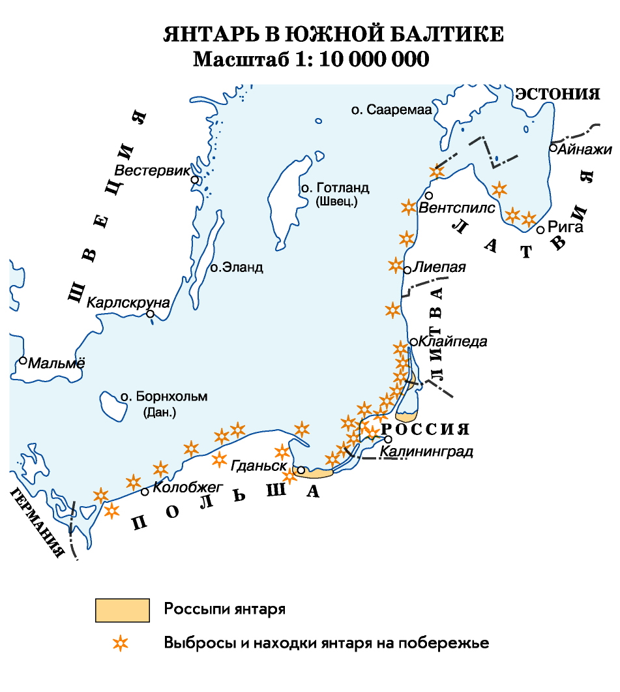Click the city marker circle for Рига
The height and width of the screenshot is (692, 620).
540,230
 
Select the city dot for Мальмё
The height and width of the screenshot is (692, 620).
23,360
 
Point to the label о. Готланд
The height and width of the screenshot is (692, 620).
334,188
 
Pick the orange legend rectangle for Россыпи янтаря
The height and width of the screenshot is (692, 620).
122,610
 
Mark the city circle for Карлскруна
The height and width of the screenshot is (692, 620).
151,314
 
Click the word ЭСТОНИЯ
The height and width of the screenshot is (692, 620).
557,94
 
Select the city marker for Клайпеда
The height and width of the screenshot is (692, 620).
413,342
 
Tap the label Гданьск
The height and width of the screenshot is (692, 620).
259,466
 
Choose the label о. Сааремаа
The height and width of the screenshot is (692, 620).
392,110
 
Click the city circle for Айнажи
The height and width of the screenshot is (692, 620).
553,148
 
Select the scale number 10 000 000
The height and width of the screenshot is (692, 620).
375,59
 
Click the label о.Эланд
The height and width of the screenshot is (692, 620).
236,267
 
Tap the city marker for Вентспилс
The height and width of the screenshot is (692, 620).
429,195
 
